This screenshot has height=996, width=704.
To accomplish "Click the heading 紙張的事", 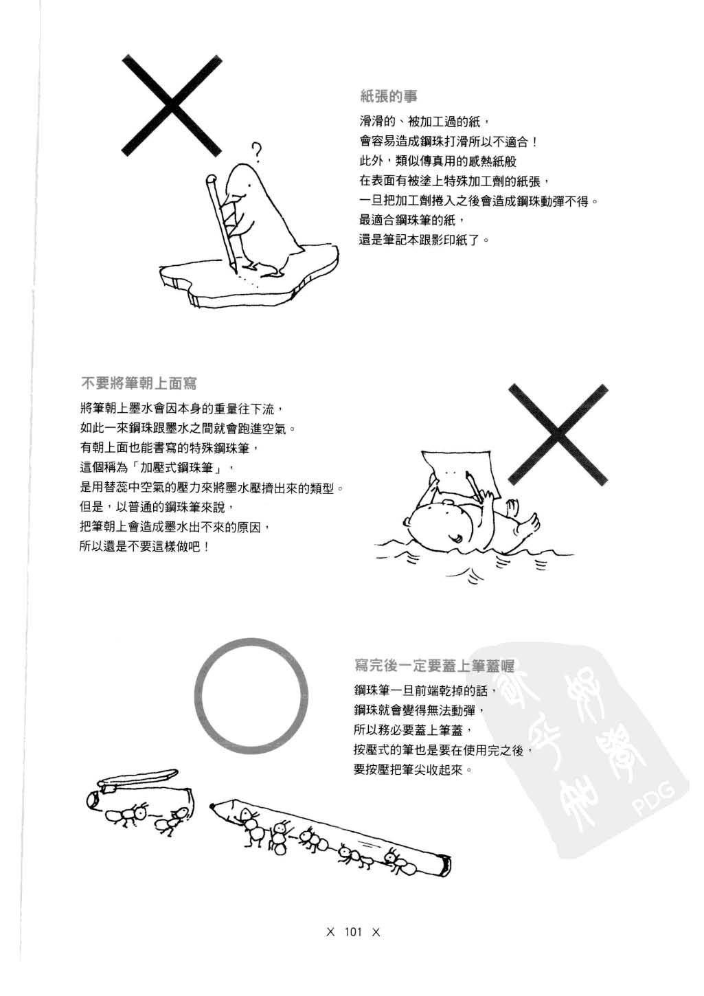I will [x=388, y=95].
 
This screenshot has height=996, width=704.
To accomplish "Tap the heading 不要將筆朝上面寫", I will [x=139, y=383].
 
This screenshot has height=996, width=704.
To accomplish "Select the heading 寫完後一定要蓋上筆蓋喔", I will [x=434, y=665].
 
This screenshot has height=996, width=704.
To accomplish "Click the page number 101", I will [x=353, y=932].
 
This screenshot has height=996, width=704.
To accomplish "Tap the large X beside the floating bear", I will [x=558, y=434].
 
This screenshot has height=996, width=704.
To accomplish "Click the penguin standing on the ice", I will [x=264, y=220].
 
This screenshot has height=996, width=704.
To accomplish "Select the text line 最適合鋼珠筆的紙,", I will [x=412, y=220].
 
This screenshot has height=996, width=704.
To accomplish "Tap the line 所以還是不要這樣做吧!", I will [x=145, y=547].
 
